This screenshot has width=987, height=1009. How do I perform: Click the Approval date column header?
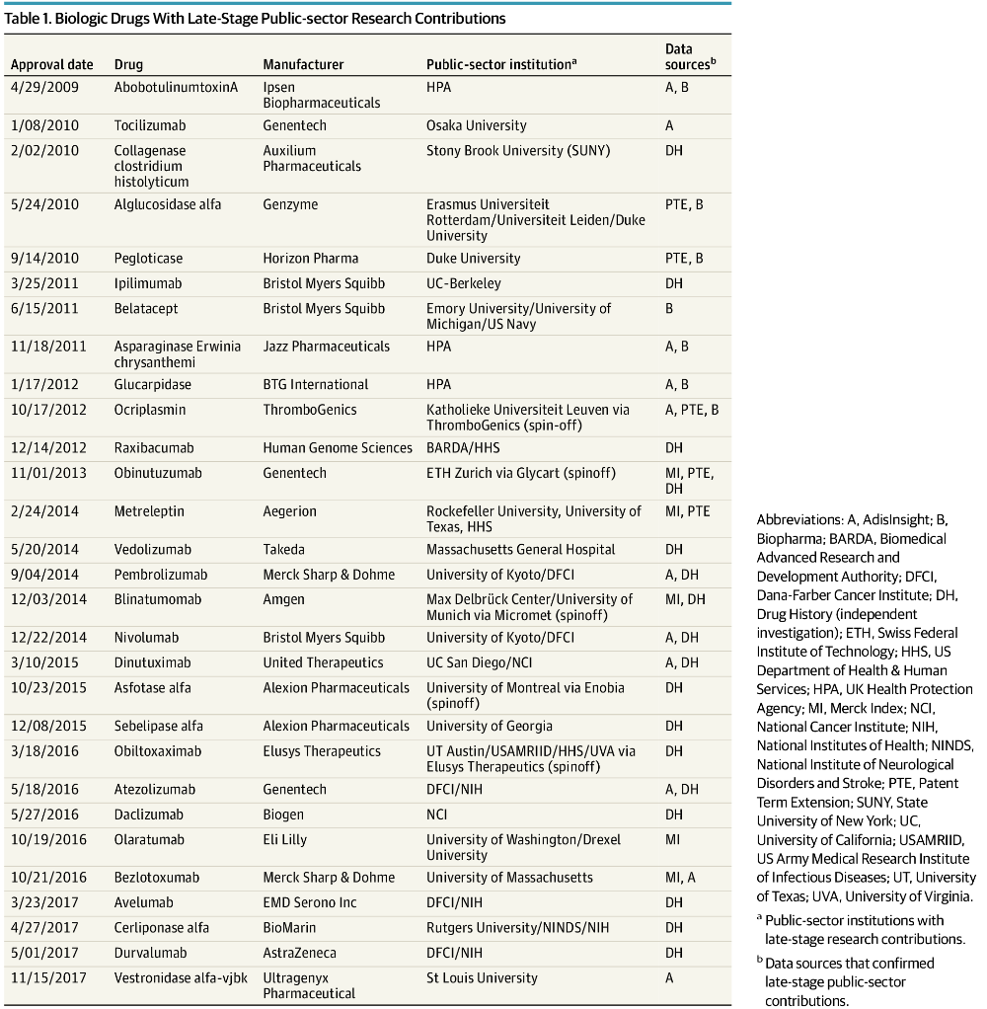click(52, 65)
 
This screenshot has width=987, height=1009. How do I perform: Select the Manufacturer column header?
click(303, 65)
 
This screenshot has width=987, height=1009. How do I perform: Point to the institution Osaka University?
click(476, 125)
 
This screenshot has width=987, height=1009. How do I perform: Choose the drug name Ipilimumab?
click(148, 283)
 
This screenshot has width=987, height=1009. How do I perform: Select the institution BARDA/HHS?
click(462, 448)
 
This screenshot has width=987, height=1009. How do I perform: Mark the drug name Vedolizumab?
click(152, 550)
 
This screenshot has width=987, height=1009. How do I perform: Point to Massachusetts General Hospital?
click(520, 550)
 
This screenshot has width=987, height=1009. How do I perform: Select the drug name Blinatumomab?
click(157, 599)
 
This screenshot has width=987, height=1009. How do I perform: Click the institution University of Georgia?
click(490, 727)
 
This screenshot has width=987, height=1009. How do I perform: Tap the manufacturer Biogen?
click(283, 815)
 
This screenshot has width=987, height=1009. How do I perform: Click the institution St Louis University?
click(482, 978)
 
